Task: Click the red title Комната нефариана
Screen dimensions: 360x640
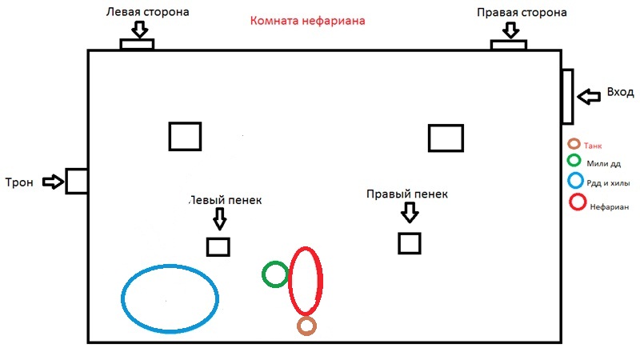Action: click(308, 22)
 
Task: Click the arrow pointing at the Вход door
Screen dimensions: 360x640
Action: click(589, 97)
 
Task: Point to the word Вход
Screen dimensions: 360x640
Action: click(621, 92)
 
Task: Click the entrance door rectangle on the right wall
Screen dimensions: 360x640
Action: click(567, 96)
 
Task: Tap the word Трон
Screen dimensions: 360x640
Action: click(19, 182)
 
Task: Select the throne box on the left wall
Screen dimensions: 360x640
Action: click(76, 181)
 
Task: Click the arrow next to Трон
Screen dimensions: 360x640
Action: click(52, 182)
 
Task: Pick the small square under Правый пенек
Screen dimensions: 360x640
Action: click(410, 243)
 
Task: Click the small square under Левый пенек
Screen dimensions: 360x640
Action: click(218, 246)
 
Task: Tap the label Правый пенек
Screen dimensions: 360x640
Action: click(406, 194)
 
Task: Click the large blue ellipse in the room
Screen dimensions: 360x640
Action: click(170, 297)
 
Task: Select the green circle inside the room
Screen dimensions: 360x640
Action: click(275, 274)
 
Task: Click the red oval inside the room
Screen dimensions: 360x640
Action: click(306, 281)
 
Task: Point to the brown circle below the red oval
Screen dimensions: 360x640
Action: click(306, 326)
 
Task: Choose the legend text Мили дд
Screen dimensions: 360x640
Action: click(605, 164)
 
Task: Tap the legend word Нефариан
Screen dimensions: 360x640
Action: click(610, 205)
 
